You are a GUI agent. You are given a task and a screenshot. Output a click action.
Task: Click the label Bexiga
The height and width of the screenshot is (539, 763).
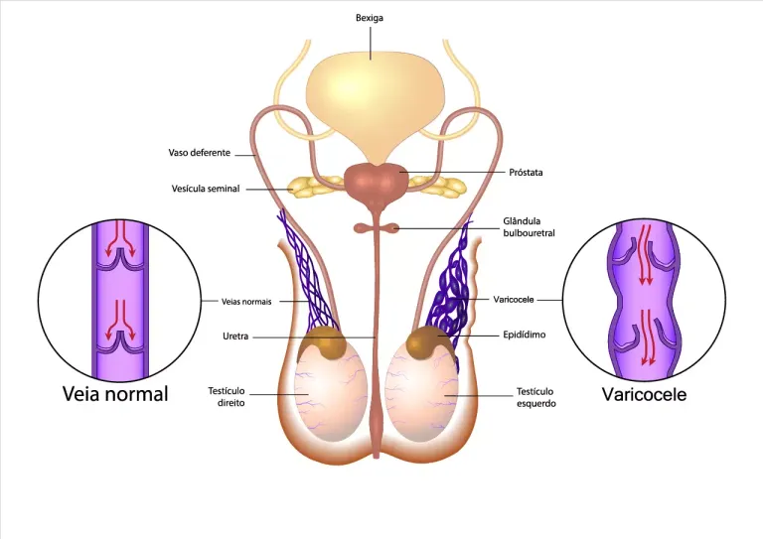coord(370,18)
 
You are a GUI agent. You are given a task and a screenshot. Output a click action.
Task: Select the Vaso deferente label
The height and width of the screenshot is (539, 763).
coord(200,153)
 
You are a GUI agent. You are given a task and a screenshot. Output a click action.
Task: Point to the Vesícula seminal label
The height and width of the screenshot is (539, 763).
coord(206,189)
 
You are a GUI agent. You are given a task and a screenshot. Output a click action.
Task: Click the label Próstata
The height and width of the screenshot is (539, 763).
coord(526,172)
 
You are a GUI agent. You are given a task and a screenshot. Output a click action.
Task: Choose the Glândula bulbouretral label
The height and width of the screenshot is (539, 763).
coord(529,227)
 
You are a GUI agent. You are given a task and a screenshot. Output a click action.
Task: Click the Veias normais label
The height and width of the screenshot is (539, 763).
coord(246,302)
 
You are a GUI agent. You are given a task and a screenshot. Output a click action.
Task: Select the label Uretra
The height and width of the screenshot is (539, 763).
coord(235,336)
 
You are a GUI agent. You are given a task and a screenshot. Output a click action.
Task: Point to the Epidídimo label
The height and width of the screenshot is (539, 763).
coord(525,335)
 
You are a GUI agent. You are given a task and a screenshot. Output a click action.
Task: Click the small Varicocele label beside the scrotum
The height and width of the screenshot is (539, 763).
coord(514,300)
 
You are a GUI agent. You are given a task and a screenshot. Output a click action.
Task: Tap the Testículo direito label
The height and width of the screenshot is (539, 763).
coord(227,397)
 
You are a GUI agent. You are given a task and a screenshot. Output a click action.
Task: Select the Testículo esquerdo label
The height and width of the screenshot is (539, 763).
coord(535,398)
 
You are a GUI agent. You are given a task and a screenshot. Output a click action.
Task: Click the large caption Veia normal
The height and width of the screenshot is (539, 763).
coord(115,394)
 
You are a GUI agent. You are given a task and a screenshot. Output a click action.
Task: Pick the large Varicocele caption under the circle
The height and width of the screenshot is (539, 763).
coord(644,394)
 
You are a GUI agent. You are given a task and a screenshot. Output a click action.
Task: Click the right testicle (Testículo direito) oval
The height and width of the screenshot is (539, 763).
coord(331,391)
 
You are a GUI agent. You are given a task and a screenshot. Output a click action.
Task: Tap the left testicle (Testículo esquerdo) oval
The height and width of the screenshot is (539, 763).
coord(421,391)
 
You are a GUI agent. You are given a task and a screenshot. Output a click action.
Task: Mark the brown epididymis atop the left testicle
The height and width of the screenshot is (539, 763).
coord(426,342)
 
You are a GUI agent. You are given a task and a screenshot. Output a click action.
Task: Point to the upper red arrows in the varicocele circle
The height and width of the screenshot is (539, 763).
coord(645,254)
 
